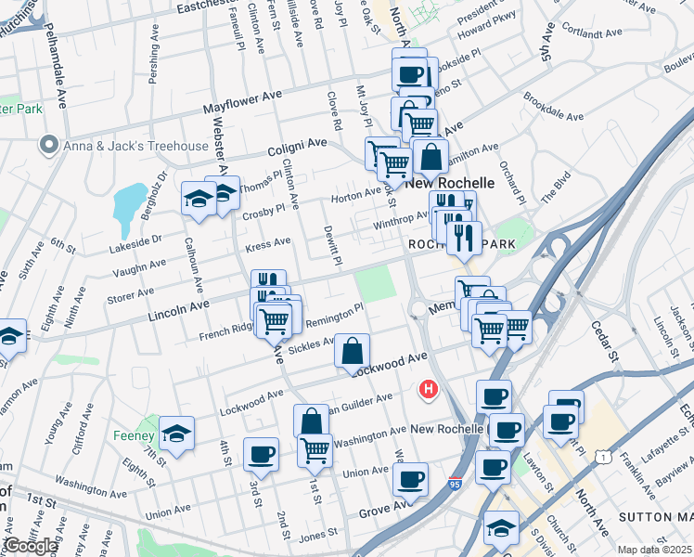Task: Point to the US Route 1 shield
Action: tap(604, 457)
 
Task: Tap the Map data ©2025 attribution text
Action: tap(655, 550)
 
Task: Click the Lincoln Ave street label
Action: tap(178, 307)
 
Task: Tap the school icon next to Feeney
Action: tap(174, 432)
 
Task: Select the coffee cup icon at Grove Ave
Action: tap(409, 480)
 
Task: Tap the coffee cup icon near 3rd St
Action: tap(261, 455)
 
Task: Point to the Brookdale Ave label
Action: tap(553, 108)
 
